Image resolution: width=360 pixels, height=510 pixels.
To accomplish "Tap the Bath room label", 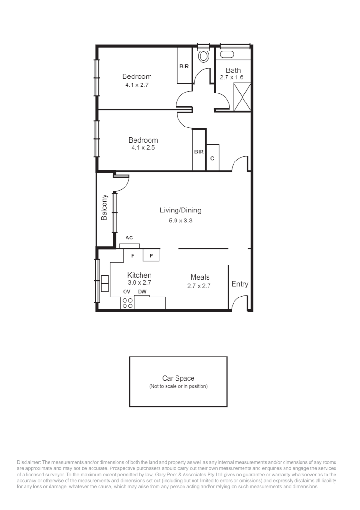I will pyautogui.click(x=233, y=70).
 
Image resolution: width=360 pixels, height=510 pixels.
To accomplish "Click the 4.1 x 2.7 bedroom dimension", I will pyautogui.click(x=137, y=85).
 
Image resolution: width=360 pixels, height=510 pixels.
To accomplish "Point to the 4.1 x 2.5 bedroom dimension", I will pyautogui.click(x=143, y=148).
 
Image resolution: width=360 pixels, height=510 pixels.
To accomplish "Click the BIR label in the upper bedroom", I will pyautogui.click(x=184, y=66).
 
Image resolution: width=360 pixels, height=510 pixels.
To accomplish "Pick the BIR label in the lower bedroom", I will pyautogui.click(x=199, y=152).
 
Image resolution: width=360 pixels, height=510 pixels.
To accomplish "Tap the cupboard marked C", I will pyautogui.click(x=212, y=158).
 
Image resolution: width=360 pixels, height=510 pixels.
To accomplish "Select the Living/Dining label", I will pyautogui.click(x=184, y=211).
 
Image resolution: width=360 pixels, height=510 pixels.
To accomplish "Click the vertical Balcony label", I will pyautogui.click(x=105, y=208).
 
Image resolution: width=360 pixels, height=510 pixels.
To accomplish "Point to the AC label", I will pyautogui.click(x=129, y=238).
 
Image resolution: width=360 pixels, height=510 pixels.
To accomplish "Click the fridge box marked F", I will pyautogui.click(x=133, y=255).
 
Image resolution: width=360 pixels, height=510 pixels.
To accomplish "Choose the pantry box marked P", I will pyautogui.click(x=151, y=255).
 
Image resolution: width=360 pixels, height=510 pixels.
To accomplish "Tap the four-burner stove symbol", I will pyautogui.click(x=127, y=303).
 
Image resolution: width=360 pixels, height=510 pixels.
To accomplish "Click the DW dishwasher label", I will pyautogui.click(x=142, y=292).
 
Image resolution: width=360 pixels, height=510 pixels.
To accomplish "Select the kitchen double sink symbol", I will pyautogui.click(x=104, y=283).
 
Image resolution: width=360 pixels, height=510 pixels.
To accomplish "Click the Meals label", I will pyautogui.click(x=200, y=277).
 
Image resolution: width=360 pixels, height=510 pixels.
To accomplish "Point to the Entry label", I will pyautogui.click(x=240, y=284).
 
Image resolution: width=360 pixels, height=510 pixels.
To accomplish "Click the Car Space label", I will pyautogui.click(x=178, y=378).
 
